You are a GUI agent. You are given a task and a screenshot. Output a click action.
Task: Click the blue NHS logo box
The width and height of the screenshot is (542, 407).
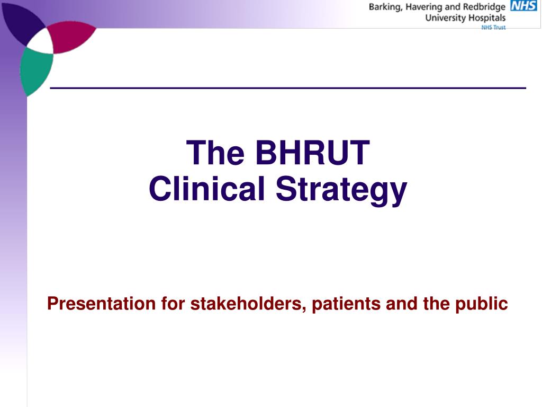pyautogui.click(x=523, y=6)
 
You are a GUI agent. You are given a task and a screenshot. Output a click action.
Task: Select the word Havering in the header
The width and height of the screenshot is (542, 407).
pyautogui.click(x=425, y=7)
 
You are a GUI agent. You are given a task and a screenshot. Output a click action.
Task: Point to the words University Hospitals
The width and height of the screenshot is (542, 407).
pyautogui.click(x=466, y=17)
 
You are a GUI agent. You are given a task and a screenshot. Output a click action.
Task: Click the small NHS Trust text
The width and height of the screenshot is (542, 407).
pyautogui.click(x=493, y=27)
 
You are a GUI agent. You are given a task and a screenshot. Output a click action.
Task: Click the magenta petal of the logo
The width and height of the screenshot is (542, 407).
pyautogui.click(x=71, y=37)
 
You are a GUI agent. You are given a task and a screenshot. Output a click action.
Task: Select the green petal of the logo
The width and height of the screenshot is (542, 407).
pyautogui.click(x=34, y=72)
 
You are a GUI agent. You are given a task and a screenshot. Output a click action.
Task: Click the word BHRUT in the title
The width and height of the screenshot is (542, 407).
pyautogui.click(x=312, y=153)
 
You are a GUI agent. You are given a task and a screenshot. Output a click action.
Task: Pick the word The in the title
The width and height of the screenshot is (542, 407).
pyautogui.click(x=216, y=153)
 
